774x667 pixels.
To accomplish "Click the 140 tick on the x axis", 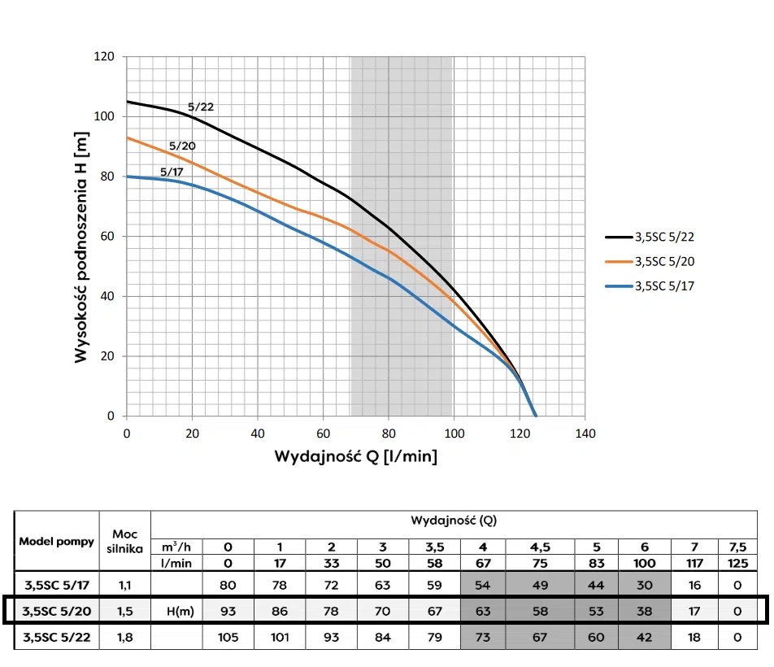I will tap(585, 433).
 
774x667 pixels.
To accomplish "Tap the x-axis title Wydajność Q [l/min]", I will tap(355, 456).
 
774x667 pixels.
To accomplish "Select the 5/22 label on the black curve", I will tap(201, 107).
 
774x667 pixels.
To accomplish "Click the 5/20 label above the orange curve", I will tap(182, 146).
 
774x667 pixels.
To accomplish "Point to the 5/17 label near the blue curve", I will tap(172, 172).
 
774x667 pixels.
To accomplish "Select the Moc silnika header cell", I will tap(124, 541).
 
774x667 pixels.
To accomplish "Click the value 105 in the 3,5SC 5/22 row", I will tap(228, 637).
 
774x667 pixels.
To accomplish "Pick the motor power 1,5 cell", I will tap(124, 610).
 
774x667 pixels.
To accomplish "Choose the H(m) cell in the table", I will tap(176, 610).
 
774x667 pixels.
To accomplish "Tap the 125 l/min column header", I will tap(737, 562).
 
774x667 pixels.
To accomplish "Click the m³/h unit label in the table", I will tap(176, 547).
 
